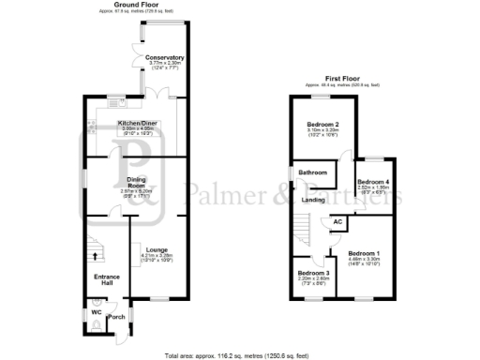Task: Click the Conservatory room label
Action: tap(164, 58)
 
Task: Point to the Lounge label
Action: tap(157, 248)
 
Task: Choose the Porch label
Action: tap(117, 318)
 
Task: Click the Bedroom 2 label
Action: tap(322, 125)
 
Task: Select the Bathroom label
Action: tap(313, 173)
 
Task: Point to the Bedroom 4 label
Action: tap(371, 182)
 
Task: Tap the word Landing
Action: tap(314, 200)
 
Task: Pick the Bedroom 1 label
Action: tap(364, 253)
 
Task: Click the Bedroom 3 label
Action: tap(303, 272)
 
